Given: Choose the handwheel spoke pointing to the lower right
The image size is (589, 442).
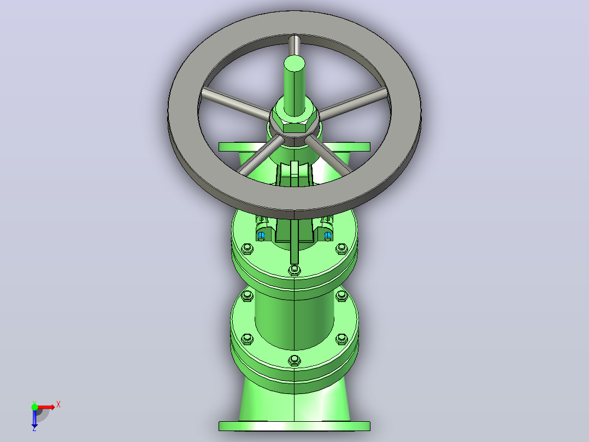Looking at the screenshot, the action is click(328, 155).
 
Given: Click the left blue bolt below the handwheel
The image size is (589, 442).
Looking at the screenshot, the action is click(261, 236).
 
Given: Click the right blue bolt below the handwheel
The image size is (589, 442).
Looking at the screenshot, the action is click(328, 236).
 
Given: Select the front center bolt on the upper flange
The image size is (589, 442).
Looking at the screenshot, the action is click(294, 270).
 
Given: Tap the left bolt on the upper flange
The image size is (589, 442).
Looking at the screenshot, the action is click(247, 249).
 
